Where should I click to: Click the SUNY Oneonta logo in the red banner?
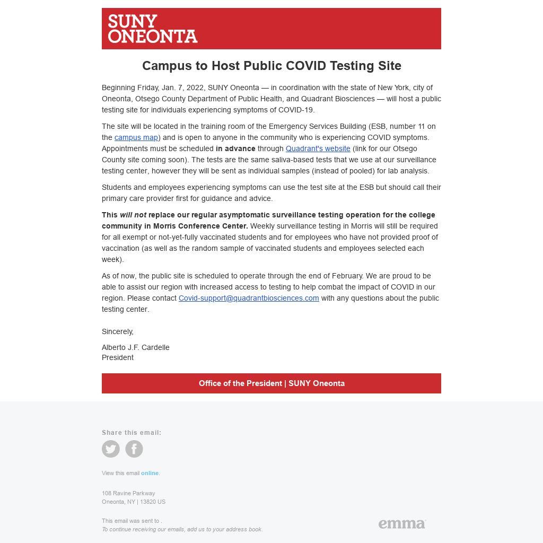click(x=152, y=29)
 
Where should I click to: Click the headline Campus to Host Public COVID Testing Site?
click(x=271, y=66)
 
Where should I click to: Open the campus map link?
click(x=136, y=137)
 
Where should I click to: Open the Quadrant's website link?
click(x=318, y=148)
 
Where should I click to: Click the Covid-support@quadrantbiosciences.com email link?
click(x=249, y=298)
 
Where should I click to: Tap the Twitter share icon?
click(x=111, y=449)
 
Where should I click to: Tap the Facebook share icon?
click(x=134, y=449)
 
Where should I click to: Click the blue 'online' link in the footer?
click(x=150, y=473)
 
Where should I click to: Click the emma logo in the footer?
click(x=402, y=524)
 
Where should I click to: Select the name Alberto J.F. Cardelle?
click(x=136, y=347)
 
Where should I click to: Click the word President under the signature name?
click(x=118, y=357)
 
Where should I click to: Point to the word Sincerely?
click(x=118, y=331)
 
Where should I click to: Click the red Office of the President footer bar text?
click(x=271, y=383)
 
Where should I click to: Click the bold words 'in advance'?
click(x=235, y=148)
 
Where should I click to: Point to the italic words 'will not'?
click(x=133, y=215)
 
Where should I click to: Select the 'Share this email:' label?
click(x=132, y=433)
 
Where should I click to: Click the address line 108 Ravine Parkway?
click(x=128, y=493)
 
